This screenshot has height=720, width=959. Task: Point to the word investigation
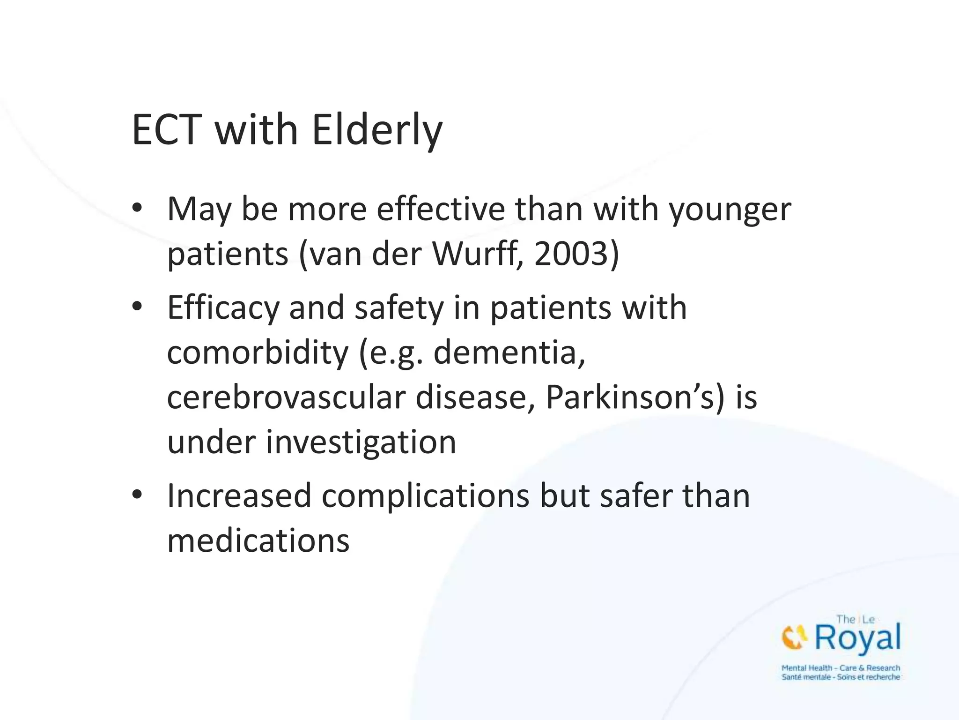(361, 442)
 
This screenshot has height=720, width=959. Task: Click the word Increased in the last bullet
(239, 495)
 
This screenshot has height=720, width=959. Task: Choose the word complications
(425, 495)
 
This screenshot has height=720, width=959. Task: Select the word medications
(258, 540)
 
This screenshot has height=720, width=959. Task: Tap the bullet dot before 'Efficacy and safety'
(137, 307)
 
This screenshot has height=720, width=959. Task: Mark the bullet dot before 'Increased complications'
(137, 495)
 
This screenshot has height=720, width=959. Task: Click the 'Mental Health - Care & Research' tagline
(841, 668)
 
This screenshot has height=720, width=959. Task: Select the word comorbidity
(258, 352)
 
